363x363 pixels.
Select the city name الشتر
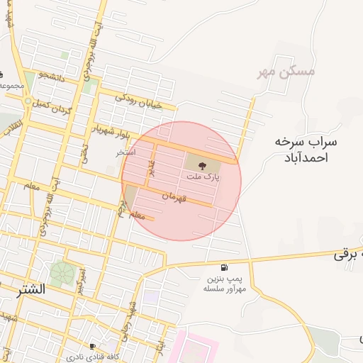click(29, 289)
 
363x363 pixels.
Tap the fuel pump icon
click(225, 268)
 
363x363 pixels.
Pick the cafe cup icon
click(92, 346)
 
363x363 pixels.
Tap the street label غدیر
click(150, 169)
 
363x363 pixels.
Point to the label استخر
click(125, 152)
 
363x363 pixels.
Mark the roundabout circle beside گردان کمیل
click(28, 103)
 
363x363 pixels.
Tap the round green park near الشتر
click(62, 273)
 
